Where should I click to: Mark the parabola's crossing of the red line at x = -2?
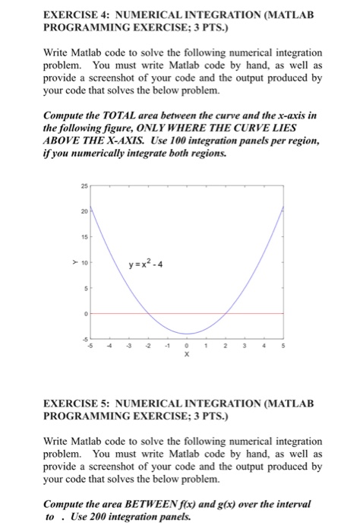[x=147, y=313]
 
